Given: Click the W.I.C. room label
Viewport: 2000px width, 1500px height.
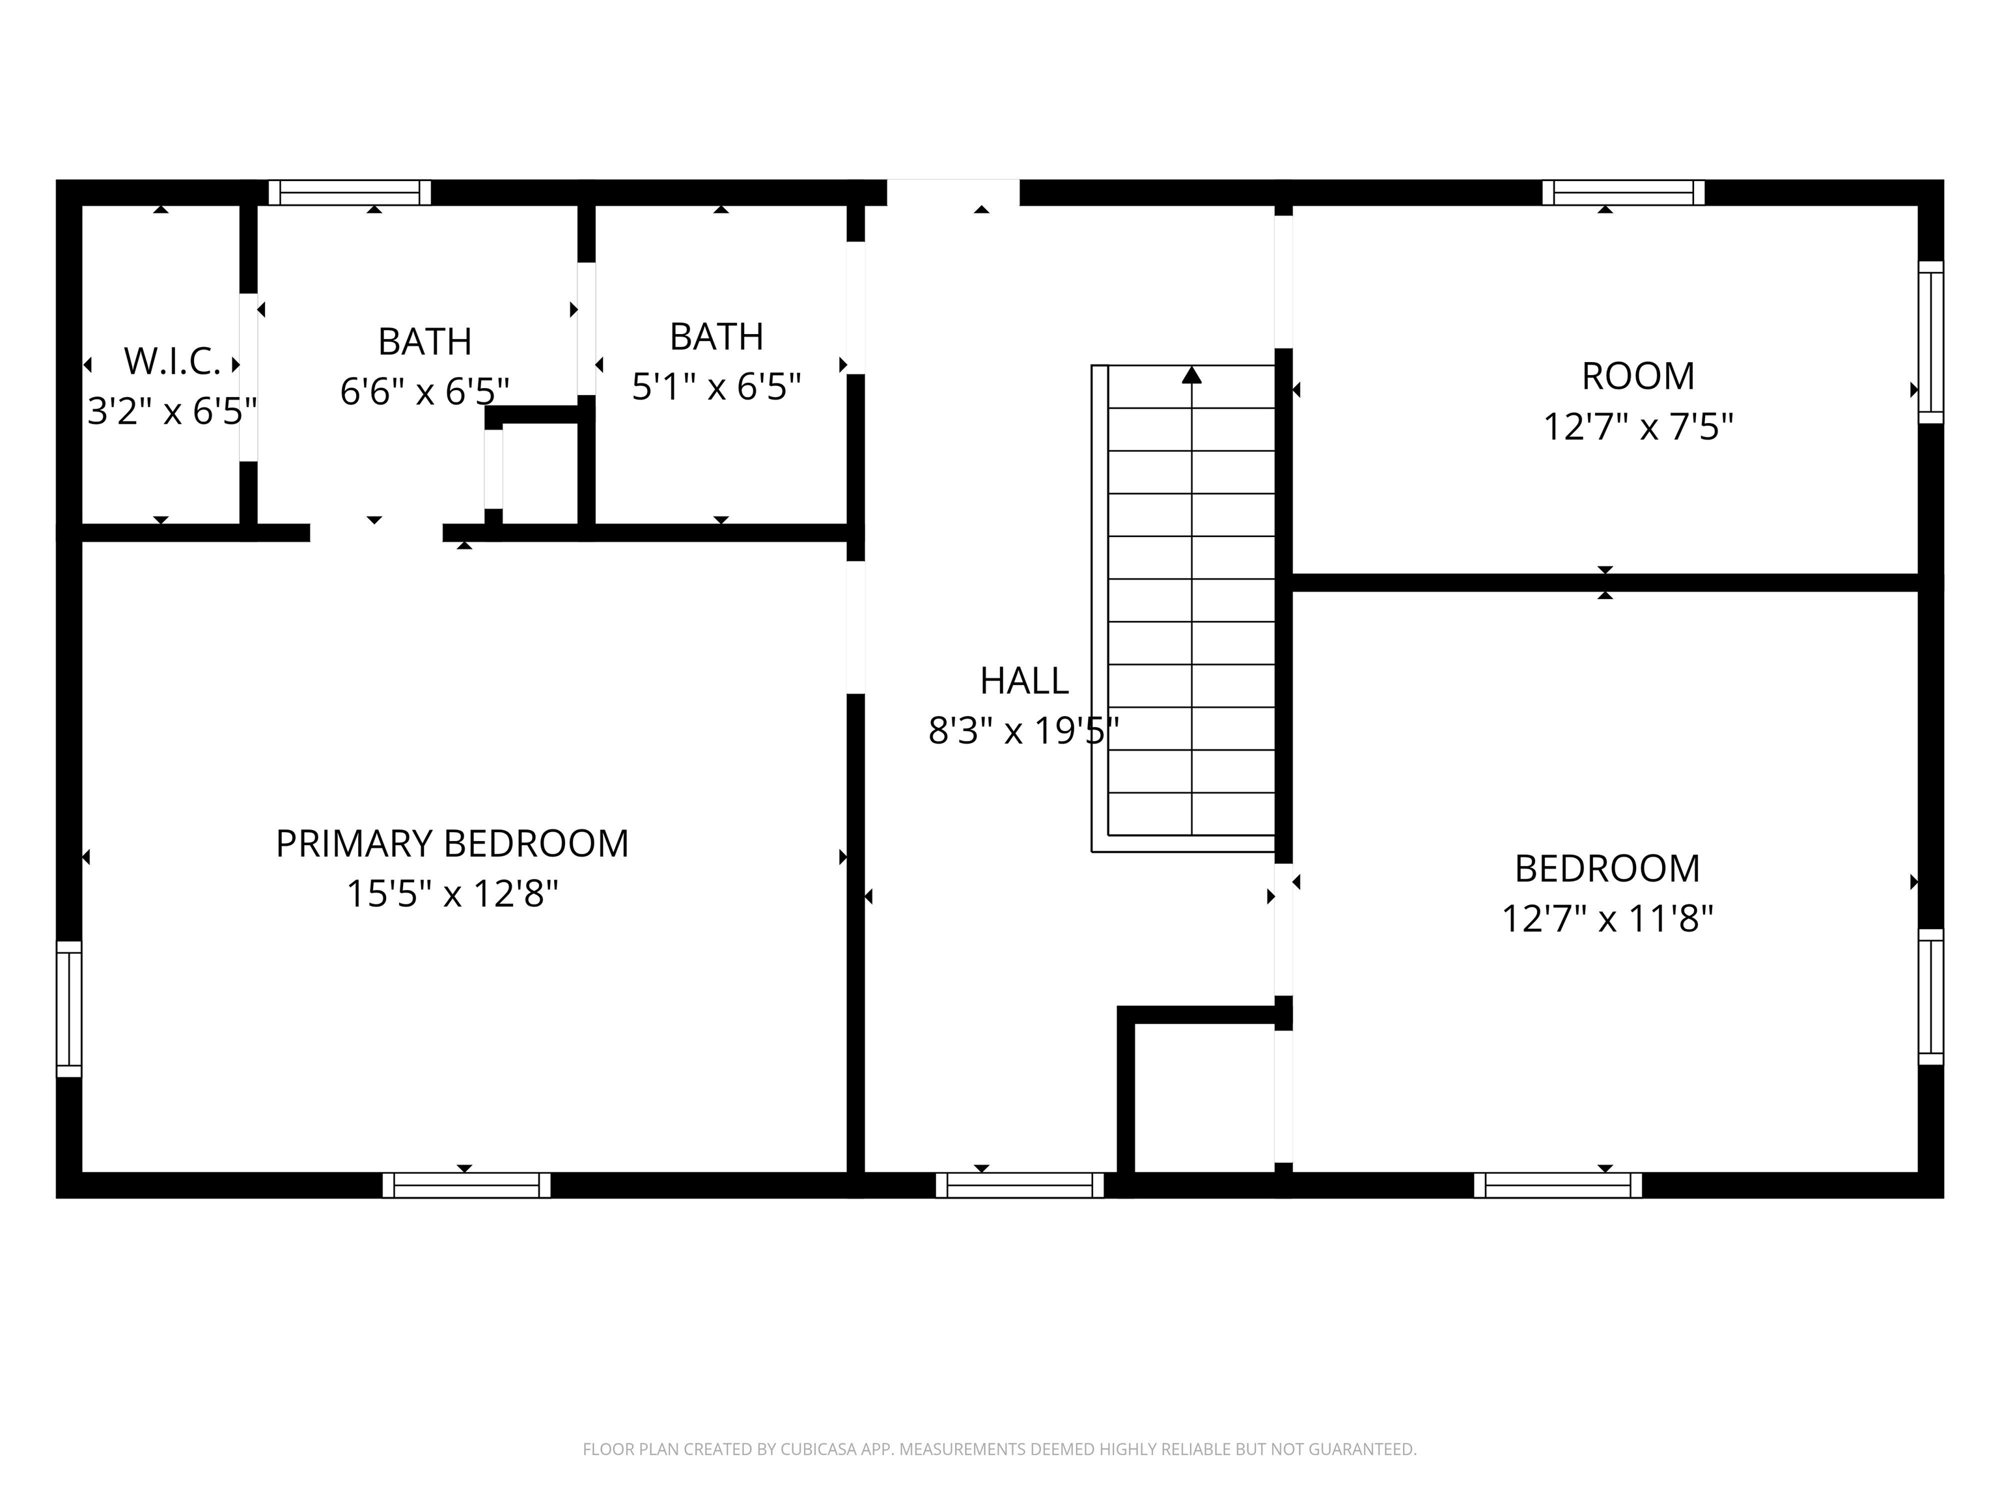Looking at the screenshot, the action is point(172,362).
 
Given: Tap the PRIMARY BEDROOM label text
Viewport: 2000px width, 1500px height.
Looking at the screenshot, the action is point(452,844).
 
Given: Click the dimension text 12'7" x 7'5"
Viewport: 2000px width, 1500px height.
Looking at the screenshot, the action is point(1638,427).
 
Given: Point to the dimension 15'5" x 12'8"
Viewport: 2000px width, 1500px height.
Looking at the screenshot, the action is point(452,895).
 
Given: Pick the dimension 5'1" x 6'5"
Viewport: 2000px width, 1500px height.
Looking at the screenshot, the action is point(716,387).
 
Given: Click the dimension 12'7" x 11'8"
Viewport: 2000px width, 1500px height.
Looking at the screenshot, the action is point(1607,919).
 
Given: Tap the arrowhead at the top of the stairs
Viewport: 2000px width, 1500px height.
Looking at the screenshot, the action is point(1191,374).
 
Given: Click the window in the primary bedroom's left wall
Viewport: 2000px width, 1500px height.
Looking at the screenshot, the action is point(69,1009).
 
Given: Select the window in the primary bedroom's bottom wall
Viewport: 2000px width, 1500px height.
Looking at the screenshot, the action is point(467,1186).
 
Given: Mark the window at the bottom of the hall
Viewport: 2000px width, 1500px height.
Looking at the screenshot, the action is point(1020,1186).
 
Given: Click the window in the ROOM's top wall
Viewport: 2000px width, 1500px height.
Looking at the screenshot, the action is point(1623,193).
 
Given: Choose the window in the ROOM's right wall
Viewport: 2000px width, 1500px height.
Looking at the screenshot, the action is point(1930,342).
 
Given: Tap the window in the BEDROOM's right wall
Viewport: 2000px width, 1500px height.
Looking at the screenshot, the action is point(1930,996).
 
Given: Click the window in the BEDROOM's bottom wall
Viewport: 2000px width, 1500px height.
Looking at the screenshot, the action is point(1558,1186).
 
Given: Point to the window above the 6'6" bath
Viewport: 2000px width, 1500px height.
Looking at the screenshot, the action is point(350,193).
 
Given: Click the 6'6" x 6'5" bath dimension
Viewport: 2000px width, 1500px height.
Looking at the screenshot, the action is point(425,391).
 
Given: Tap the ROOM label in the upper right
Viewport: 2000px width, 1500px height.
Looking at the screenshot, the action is point(1638,376).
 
